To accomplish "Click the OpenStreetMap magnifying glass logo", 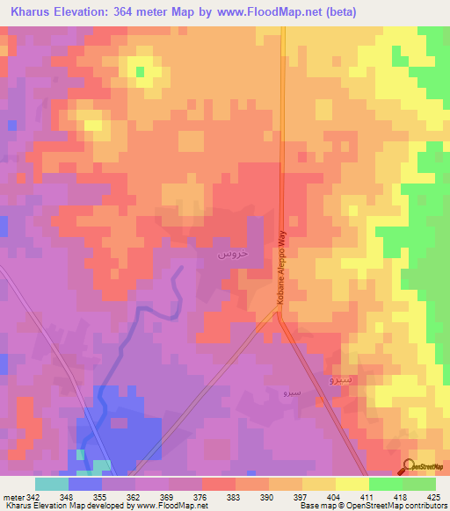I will pos(409,467).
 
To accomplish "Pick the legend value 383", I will pos(233,496).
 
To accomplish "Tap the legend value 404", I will pos(334,496).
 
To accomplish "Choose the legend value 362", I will pos(133,496).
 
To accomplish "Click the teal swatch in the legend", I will pos(51,484).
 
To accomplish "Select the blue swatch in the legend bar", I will pos(84,484).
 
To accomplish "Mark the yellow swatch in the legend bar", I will pos(352,484).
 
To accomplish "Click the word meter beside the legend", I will pos(12,496).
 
